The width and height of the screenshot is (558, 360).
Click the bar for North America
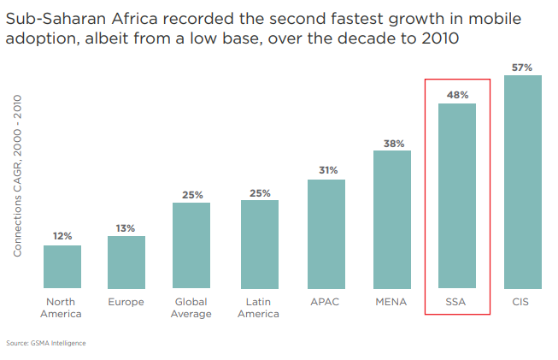[x=62, y=267]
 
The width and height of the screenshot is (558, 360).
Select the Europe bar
[x=126, y=262]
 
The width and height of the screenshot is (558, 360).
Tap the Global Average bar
[x=191, y=245]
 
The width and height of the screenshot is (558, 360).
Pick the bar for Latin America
[x=260, y=245]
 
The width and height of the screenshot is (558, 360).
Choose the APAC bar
[x=326, y=234]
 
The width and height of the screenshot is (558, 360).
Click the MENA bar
[x=392, y=220]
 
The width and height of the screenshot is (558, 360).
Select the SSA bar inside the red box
[x=457, y=196]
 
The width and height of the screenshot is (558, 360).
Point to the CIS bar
[x=523, y=182]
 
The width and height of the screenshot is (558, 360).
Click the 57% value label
[x=522, y=68]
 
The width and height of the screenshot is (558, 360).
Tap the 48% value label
[x=458, y=95]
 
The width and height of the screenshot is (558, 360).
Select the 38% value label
[x=394, y=144]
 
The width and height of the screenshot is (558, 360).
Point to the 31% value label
[x=328, y=170]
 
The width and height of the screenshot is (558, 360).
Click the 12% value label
[x=62, y=236]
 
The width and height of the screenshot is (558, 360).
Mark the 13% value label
[x=126, y=228]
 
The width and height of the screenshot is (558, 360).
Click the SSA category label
[x=455, y=302]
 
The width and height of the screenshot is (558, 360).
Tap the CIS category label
[x=520, y=302]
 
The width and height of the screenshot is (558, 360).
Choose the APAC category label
[x=325, y=302]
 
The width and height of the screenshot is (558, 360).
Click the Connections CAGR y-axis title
[x=17, y=175]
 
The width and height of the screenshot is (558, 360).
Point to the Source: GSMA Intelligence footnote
[x=46, y=343]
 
